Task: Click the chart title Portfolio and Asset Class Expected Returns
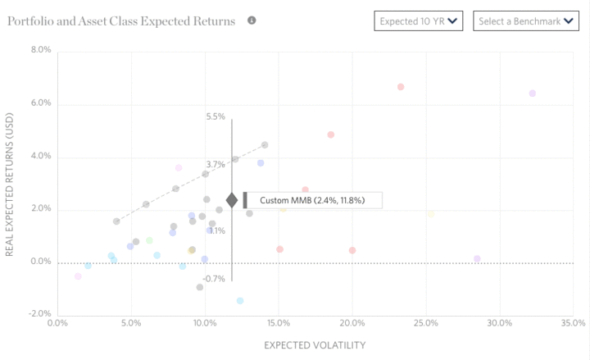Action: [120, 21]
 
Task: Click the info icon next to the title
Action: [252, 20]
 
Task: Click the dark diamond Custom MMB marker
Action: [232, 200]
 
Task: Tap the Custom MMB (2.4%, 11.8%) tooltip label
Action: [312, 200]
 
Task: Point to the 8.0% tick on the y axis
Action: [40, 51]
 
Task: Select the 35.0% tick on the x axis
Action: [573, 323]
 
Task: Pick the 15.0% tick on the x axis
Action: [278, 323]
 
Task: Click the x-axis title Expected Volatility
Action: [314, 345]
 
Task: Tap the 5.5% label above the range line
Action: [216, 117]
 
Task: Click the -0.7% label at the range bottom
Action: [214, 280]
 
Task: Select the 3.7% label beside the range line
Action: [216, 165]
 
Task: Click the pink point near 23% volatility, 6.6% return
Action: [401, 87]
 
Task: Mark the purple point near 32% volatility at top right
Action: [533, 93]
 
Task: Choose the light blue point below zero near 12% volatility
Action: [240, 301]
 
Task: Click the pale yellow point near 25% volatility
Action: [431, 215]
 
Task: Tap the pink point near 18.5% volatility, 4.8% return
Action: [331, 135]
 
